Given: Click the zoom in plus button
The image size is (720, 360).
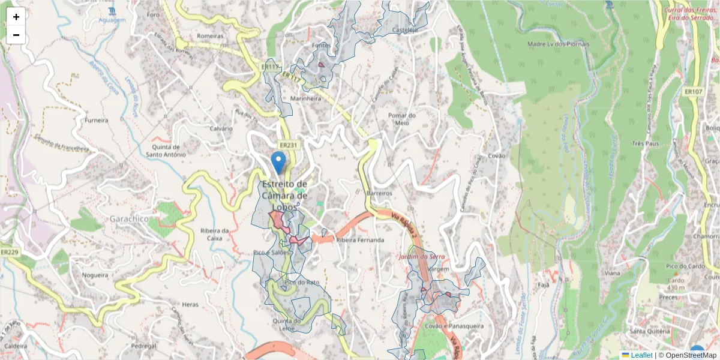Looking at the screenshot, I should point(16,17).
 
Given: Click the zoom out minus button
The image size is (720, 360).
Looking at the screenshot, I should point(16,35).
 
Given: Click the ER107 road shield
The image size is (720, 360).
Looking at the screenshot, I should point(693,92).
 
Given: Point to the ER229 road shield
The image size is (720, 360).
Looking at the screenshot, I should point(9,253).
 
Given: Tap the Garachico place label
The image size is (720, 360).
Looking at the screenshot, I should point(128,219).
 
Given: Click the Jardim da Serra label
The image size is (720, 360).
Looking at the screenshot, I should point(422,257).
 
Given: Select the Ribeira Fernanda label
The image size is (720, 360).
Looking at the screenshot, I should point(360,240).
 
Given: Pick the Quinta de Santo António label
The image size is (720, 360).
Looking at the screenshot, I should point(166,151).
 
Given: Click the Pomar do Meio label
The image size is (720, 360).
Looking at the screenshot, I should point(402,119).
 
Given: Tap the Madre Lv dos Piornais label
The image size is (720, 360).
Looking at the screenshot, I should point(558,44).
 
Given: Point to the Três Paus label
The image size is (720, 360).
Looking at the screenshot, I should point(646,144).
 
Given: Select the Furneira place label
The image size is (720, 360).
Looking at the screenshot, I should point(97,120).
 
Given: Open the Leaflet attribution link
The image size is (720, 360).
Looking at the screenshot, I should point(641,355).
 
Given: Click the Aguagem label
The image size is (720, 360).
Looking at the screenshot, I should point(112,20).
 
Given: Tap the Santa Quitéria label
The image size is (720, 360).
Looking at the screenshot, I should point(649,331).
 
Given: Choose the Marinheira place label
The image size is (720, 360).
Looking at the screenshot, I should point(306,98).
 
